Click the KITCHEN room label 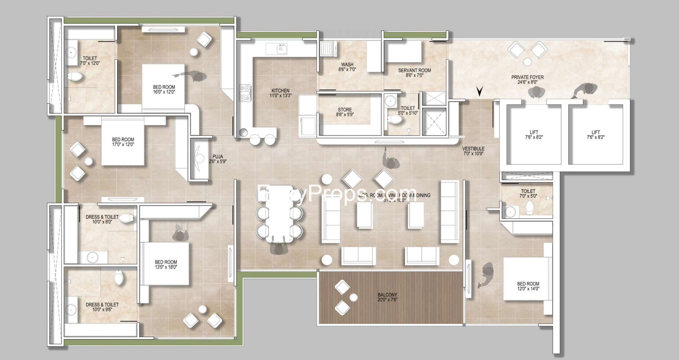click(280, 90)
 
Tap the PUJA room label click(217, 156)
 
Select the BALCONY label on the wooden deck click(387, 295)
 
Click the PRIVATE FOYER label click(527, 77)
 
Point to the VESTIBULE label click(473, 149)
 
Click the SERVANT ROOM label click(415, 71)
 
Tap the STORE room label click(345, 110)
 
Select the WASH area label click(347, 64)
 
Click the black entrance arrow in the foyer click(480, 91)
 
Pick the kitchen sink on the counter click(281, 48)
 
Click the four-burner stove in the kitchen click(245, 93)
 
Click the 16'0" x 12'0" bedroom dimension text click(164, 92)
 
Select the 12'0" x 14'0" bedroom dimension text click(528, 289)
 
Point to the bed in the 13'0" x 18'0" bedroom click(165, 264)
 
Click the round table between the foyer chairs click(527, 61)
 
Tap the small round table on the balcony click(353, 297)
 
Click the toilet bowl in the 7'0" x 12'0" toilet click(74, 76)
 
